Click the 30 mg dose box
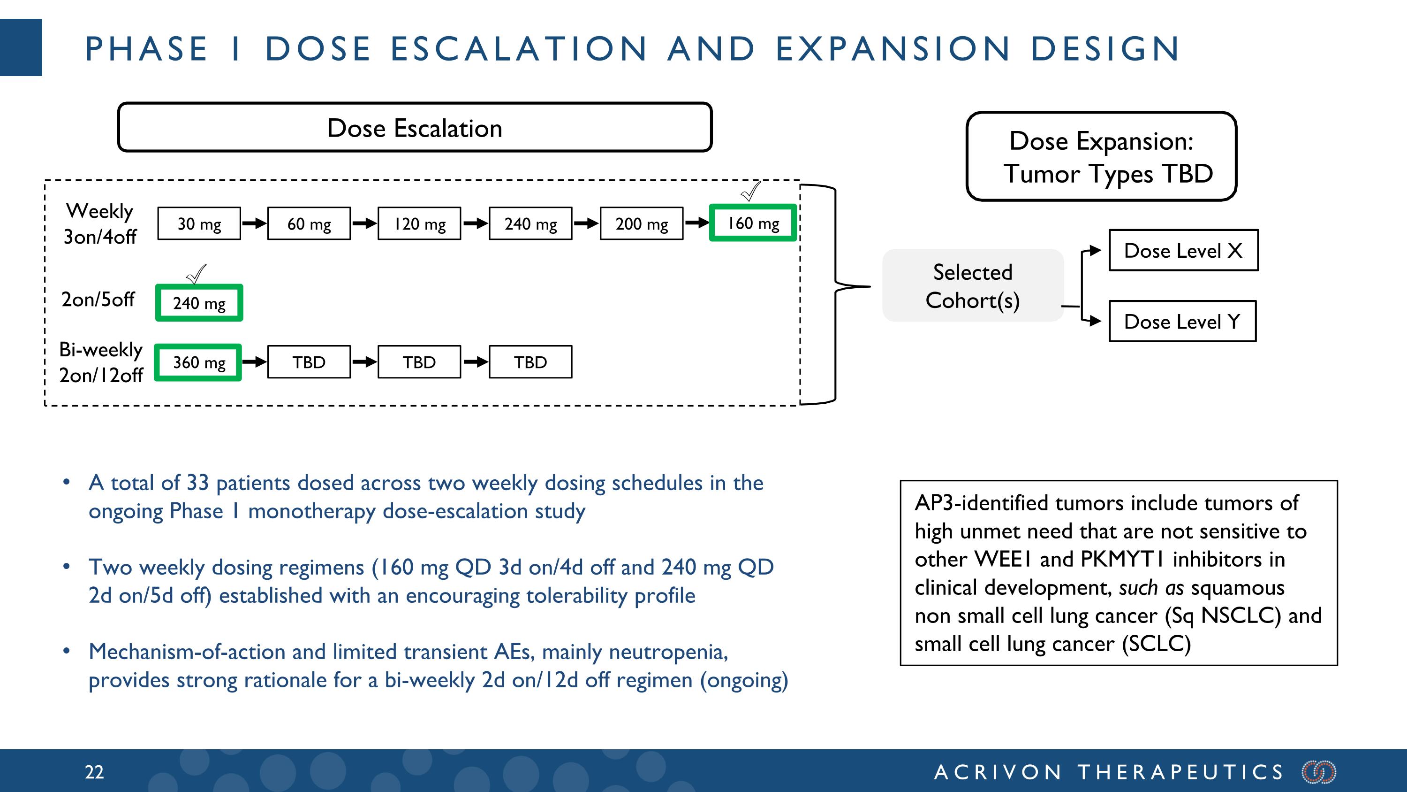199,223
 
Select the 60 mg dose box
309,223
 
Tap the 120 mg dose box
419,223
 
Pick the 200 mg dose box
641,223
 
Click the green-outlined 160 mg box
753,223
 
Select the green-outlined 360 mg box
198,362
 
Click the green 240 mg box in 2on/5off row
199,302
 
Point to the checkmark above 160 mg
750,191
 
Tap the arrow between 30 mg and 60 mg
254,223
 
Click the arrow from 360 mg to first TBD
254,362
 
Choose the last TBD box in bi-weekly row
530,362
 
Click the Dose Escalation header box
415,128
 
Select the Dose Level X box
1183,250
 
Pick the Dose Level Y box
1182,322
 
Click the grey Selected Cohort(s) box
972,286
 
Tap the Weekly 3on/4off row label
100,223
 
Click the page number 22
94,772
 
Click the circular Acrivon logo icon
1318,772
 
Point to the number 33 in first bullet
198,483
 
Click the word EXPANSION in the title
893,49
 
